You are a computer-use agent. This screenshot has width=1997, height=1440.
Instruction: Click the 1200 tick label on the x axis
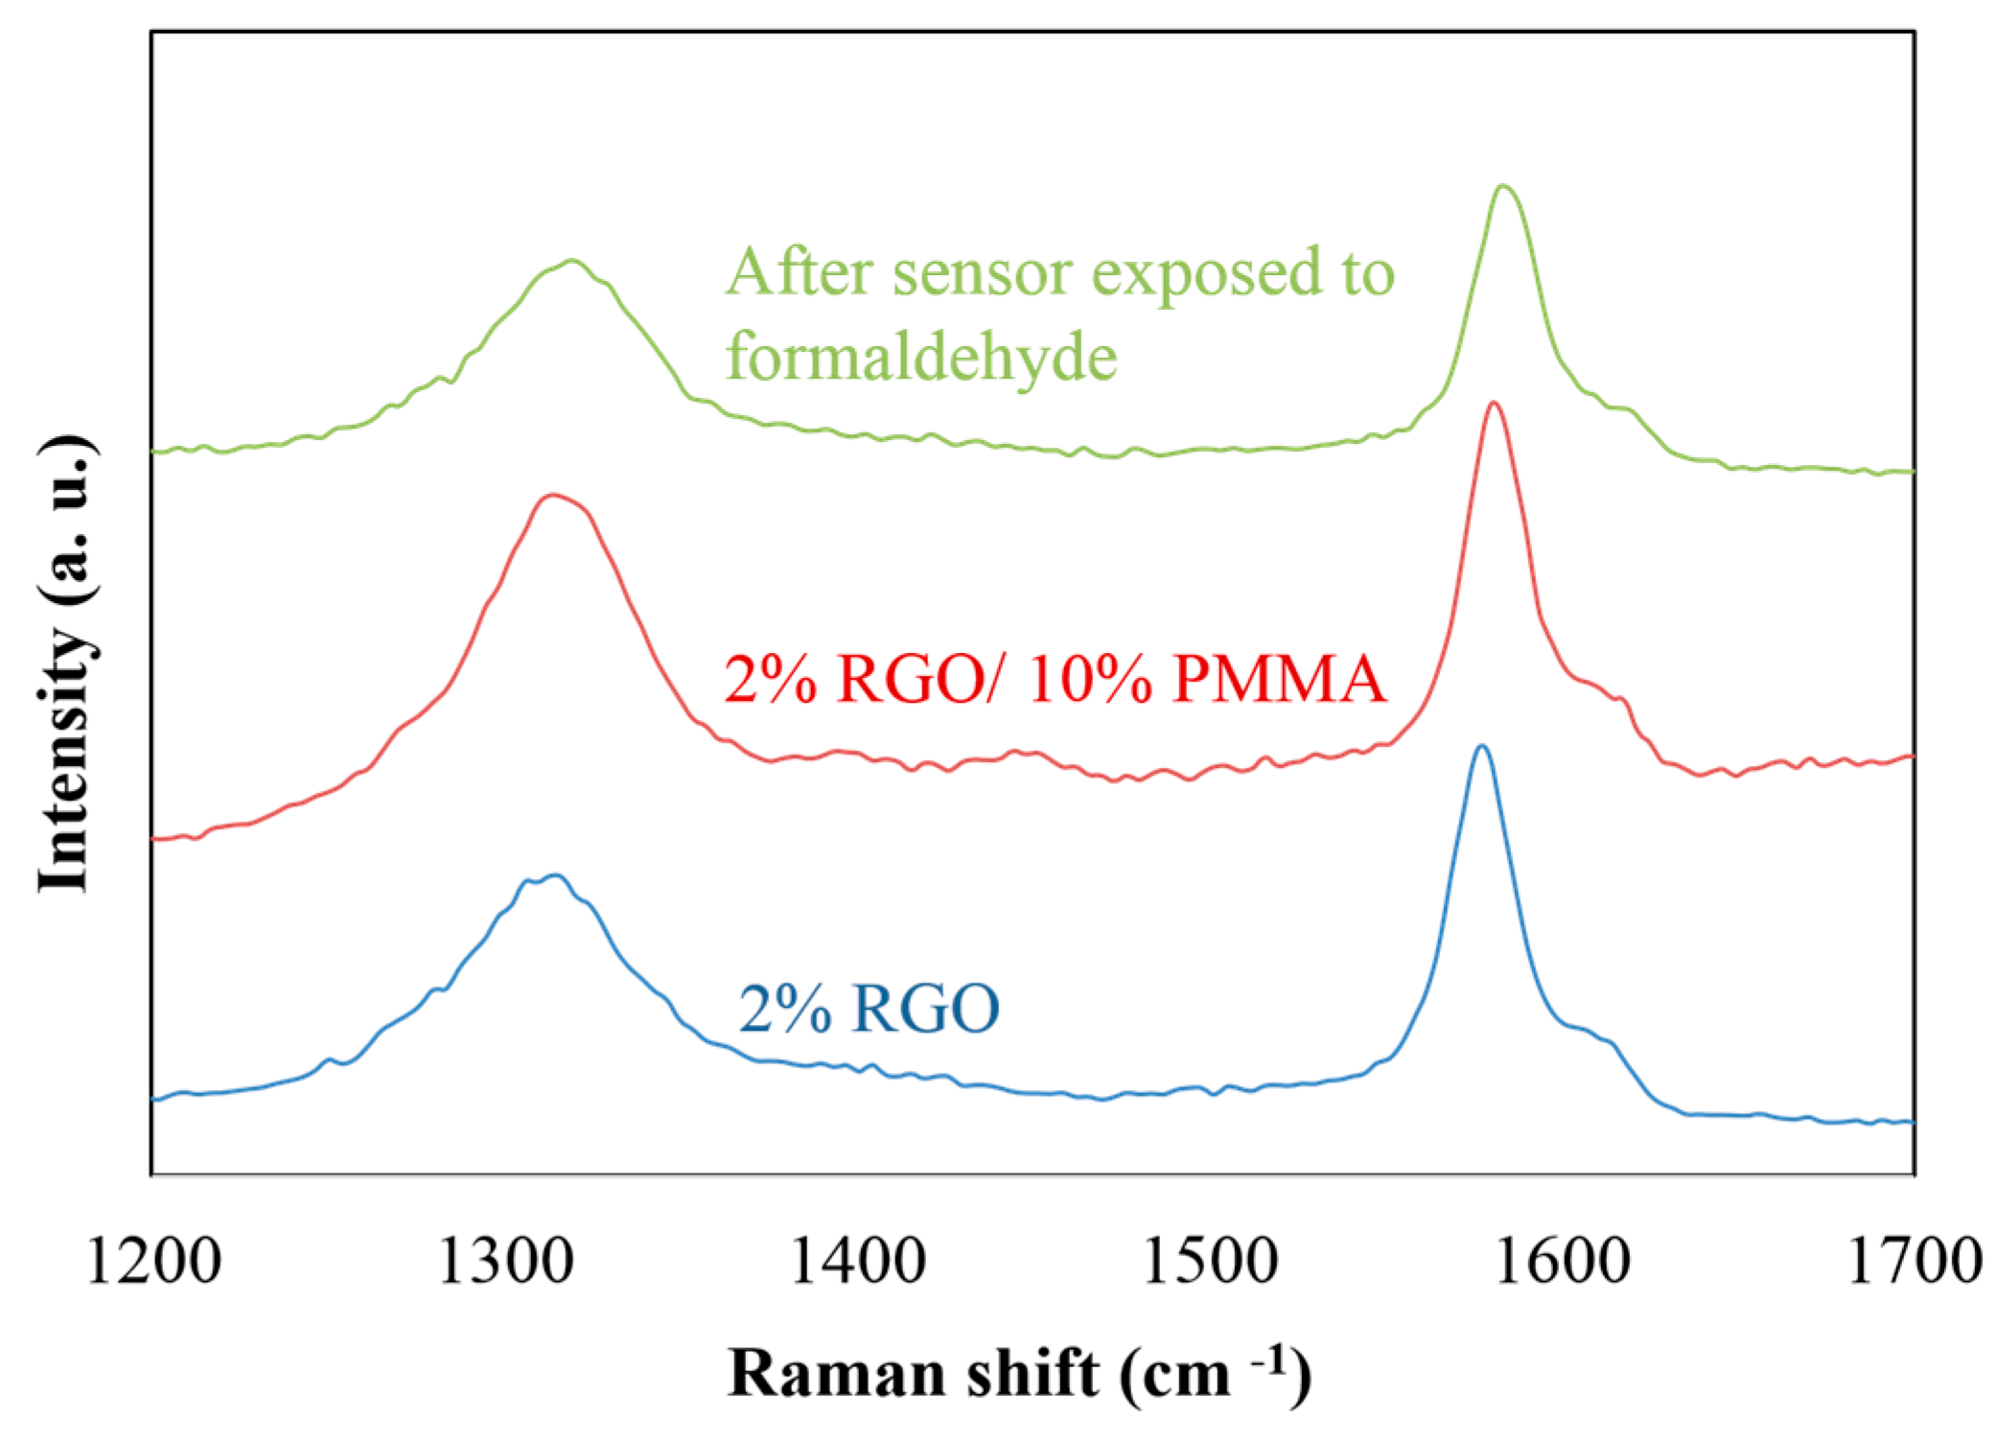point(153,1262)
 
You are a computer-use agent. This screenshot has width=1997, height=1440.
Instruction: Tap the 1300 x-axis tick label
point(505,1262)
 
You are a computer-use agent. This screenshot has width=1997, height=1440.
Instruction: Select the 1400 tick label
point(857,1262)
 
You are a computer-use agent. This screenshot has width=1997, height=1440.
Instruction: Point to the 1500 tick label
point(1210,1262)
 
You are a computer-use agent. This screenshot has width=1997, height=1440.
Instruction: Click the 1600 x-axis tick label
point(1562,1262)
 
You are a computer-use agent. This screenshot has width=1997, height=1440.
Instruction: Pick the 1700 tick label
point(1914,1262)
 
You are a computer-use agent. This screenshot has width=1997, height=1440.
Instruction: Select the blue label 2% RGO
point(869,1009)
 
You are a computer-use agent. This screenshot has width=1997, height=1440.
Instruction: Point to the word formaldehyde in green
point(921,357)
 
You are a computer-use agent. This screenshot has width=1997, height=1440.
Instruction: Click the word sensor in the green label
point(982,272)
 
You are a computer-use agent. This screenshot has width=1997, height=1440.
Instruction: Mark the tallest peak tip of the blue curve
point(1482,745)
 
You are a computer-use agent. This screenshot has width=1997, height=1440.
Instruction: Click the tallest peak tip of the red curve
point(1493,403)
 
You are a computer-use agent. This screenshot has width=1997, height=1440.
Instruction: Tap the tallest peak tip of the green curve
point(1502,185)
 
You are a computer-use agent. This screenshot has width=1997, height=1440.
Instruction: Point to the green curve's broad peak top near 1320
point(572,260)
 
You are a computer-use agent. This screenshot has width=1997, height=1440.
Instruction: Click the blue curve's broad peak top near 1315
point(555,874)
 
